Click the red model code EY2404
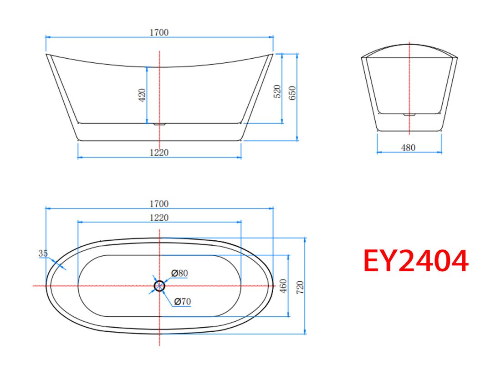(416, 261)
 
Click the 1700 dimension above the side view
(159, 33)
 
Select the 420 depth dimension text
(142, 95)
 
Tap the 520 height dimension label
(277, 91)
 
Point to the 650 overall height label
(292, 93)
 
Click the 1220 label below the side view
(159, 152)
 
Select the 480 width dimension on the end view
(408, 148)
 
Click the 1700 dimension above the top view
(159, 203)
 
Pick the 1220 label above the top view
(159, 218)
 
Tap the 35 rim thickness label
(43, 253)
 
